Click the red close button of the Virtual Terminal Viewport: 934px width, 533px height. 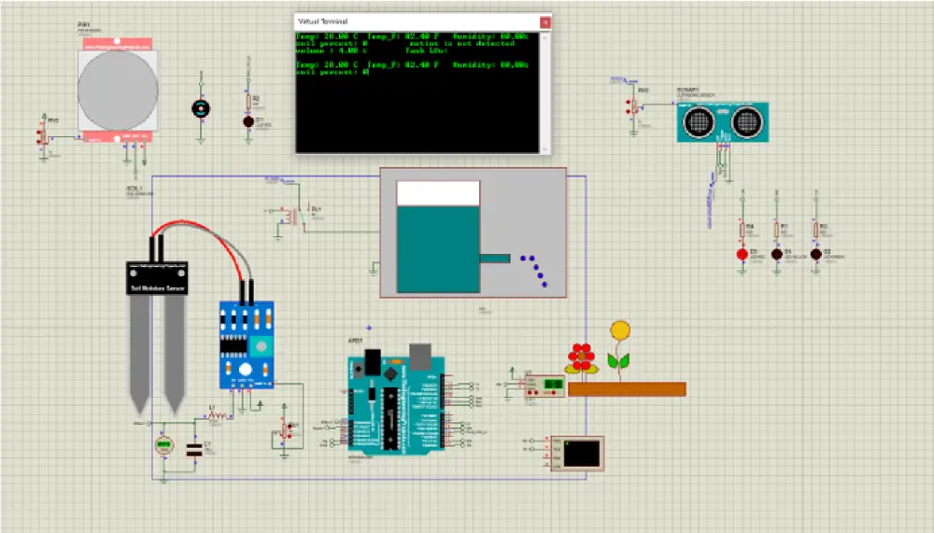point(544,21)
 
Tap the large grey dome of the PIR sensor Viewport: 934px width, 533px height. point(118,91)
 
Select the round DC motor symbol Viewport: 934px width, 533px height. point(199,108)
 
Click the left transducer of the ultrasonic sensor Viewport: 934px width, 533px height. point(700,120)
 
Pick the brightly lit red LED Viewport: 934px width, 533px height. point(743,253)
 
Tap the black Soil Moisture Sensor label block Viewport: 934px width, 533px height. point(157,278)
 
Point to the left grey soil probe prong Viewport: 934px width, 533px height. point(141,355)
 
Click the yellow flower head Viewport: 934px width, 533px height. point(619,330)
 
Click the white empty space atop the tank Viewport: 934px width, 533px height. point(437,193)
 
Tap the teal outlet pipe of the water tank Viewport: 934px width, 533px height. point(494,258)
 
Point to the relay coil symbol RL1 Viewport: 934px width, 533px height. point(297,216)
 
